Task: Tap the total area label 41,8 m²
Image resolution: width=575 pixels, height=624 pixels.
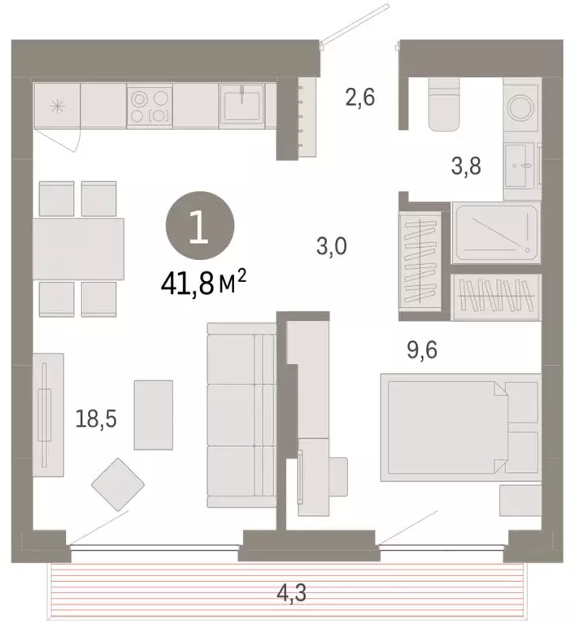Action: coord(203,284)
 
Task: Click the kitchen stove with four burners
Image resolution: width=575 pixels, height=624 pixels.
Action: coord(150,106)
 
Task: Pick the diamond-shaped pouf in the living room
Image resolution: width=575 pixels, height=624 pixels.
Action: coord(118,484)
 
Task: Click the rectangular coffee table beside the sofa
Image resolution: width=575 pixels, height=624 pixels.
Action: coord(153,414)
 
